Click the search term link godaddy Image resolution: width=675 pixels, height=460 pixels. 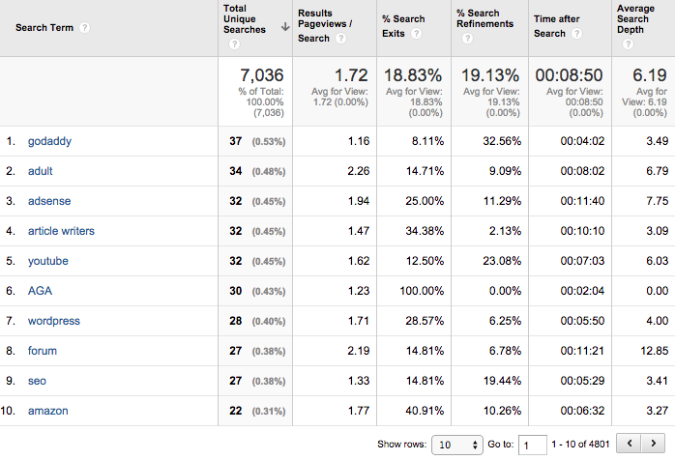(49, 141)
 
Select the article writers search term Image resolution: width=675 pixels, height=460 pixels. (61, 231)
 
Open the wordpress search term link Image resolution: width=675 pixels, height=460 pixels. (53, 321)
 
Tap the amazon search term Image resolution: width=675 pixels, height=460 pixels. (47, 411)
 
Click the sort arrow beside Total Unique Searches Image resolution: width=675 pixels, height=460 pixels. (285, 28)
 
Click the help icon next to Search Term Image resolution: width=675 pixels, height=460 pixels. (84, 27)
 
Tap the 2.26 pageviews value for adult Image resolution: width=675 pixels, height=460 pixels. (357, 171)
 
